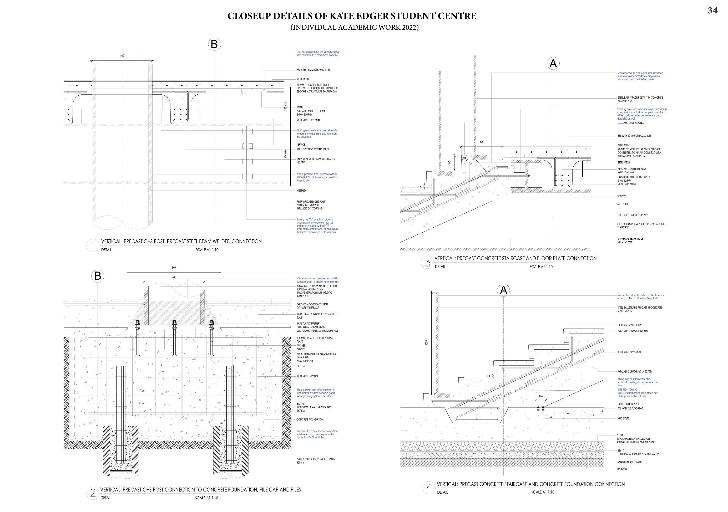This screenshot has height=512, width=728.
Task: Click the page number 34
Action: pyautogui.click(x=712, y=11)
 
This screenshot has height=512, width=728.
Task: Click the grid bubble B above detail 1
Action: pyautogui.click(x=214, y=44)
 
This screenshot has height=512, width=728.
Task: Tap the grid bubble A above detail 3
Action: pyautogui.click(x=553, y=64)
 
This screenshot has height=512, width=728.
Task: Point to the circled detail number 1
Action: pyautogui.click(x=93, y=245)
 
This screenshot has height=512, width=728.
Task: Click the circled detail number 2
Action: pyautogui.click(x=93, y=493)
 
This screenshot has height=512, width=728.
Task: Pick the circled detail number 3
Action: pyautogui.click(x=427, y=262)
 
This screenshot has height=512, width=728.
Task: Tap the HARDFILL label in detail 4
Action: pyautogui.click(x=622, y=469)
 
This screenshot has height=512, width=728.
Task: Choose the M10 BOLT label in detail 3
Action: pyautogui.click(x=623, y=204)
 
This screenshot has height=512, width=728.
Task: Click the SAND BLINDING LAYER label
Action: pyautogui.click(x=629, y=462)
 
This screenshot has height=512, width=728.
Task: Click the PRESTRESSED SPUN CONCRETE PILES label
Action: pyautogui.click(x=316, y=459)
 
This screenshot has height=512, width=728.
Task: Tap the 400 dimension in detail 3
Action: pyautogui.click(x=482, y=142)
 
